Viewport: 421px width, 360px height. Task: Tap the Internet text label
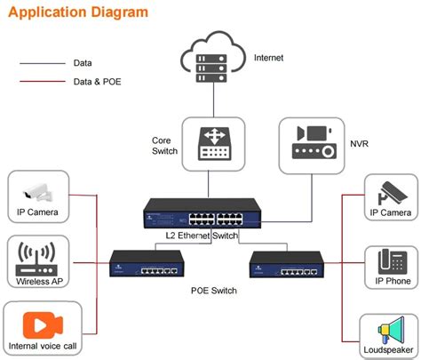tap(269, 57)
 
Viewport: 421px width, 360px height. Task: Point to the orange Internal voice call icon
tap(42, 322)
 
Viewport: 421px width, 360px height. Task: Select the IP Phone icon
tap(391, 262)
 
